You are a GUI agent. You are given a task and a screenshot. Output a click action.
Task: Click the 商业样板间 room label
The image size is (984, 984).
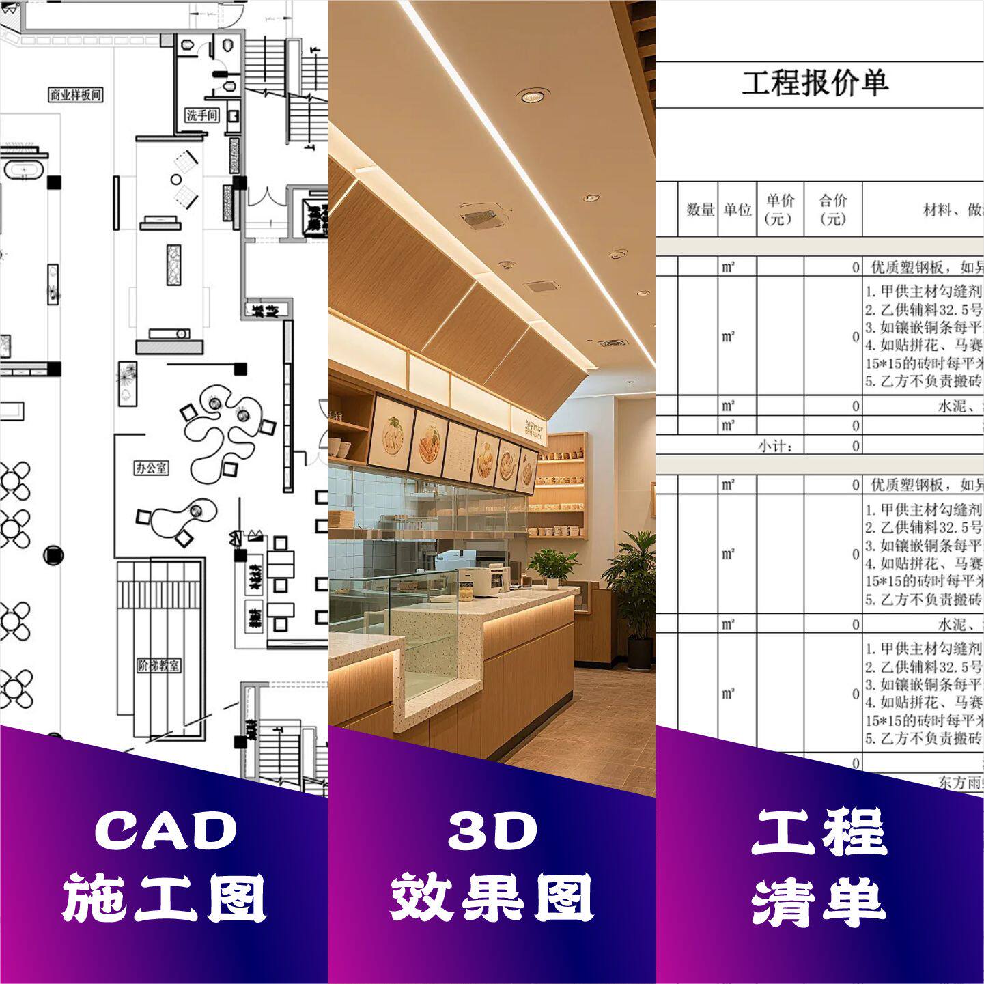coord(76,95)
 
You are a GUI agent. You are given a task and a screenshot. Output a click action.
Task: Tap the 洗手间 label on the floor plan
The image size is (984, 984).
coord(202,115)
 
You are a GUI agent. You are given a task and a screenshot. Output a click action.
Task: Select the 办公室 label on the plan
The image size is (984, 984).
coord(151,468)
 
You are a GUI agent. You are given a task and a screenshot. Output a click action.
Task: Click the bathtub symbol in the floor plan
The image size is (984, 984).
coord(24,168)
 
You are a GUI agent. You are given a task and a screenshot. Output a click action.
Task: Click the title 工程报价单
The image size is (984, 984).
coord(815,83)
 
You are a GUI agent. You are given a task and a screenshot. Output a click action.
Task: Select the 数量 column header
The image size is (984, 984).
coord(700,210)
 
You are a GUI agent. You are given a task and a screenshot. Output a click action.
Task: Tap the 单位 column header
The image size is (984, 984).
coord(737,210)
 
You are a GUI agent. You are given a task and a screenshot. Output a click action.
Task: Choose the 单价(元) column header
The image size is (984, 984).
coord(780,209)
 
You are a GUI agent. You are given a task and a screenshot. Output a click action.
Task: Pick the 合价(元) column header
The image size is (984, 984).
coord(833,209)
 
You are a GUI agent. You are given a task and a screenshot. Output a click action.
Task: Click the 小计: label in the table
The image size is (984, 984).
coord(774,446)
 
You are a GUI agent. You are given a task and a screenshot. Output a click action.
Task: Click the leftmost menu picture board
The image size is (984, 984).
coord(391,434)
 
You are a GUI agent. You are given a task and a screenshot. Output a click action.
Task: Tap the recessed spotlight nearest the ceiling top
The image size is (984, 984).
coord(533,96)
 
